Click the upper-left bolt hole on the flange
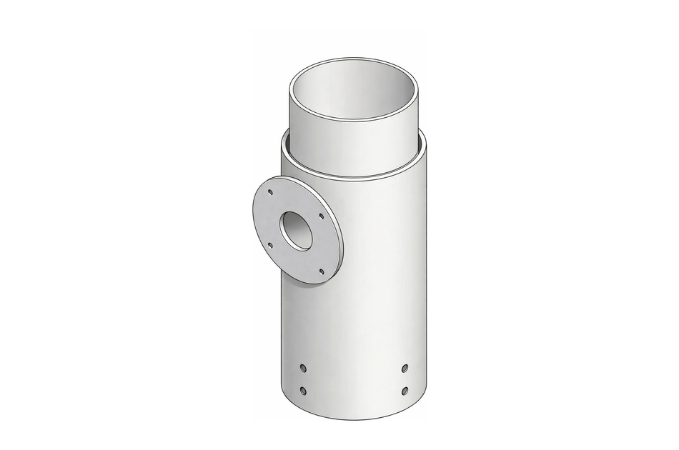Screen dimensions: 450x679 269,192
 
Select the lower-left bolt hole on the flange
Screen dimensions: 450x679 270,246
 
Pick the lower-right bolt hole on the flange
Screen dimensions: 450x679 321,271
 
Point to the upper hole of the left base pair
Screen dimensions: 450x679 303,368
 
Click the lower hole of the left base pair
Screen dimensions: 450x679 303,390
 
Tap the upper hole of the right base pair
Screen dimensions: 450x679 405,368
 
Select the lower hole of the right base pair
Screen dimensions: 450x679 405,391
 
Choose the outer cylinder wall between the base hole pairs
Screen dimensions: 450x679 354,379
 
